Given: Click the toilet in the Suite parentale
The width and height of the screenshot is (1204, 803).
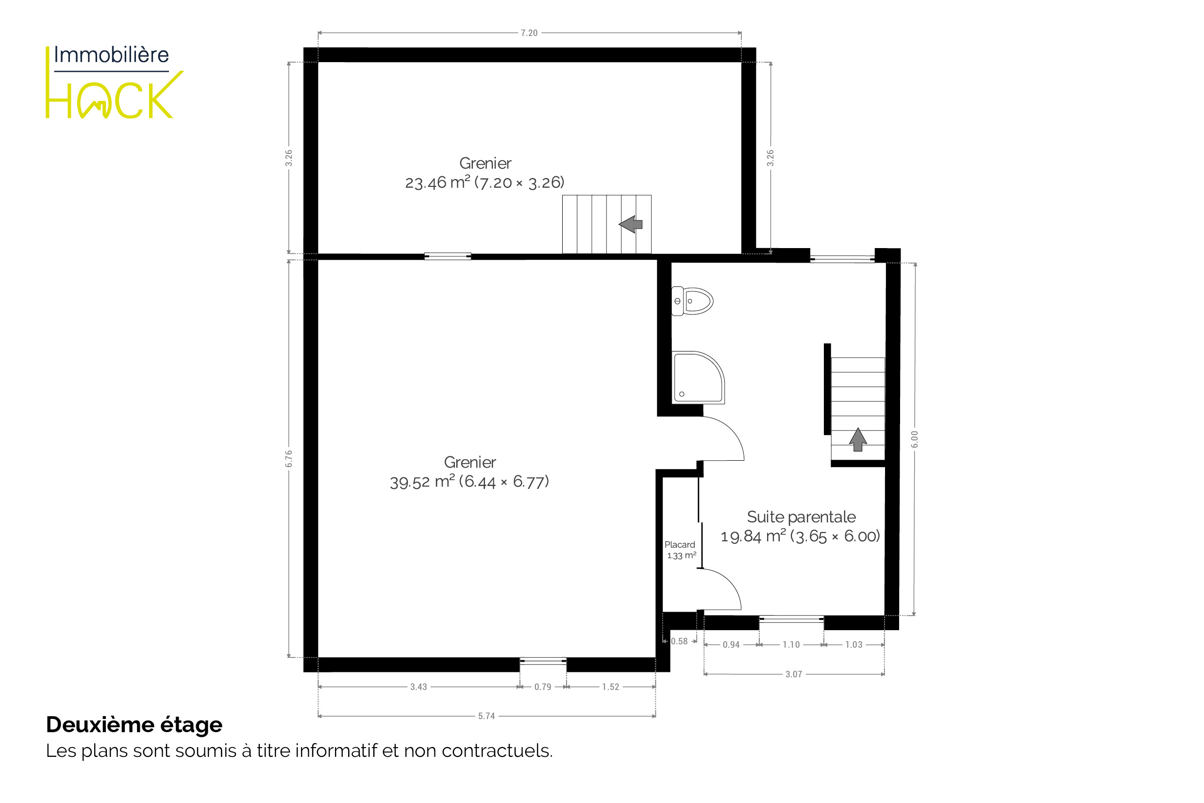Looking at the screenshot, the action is tap(692, 301).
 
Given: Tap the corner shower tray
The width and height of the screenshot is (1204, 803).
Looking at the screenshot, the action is tap(698, 377).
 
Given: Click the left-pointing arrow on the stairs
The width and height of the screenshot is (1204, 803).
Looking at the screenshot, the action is tap(631, 224).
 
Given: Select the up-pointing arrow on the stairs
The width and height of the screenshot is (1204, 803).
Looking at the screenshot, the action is tap(858, 439).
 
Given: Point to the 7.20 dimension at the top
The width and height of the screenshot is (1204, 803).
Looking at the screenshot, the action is tap(529, 33).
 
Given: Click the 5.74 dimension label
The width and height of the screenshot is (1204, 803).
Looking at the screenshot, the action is tap(486, 716).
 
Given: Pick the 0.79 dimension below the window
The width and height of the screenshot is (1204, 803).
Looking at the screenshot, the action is tap(543, 687).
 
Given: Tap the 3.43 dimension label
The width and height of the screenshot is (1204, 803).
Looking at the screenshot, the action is tap(418, 687).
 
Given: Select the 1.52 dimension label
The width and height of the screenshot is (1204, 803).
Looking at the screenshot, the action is tap(610, 687).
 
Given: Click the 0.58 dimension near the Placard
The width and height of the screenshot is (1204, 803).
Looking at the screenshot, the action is tap(679, 641).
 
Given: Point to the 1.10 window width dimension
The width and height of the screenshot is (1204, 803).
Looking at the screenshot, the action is tap(791, 645).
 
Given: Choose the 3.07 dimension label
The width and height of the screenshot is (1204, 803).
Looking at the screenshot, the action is tap(794, 674).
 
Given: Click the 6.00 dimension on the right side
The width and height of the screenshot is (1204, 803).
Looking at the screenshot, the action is tap(915, 439).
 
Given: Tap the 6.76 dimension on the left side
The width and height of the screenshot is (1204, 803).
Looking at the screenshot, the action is tap(289, 458).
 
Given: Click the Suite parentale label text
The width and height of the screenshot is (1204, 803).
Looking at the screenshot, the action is tap(802, 517).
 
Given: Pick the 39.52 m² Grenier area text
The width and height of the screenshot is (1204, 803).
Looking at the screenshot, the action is tap(469, 482).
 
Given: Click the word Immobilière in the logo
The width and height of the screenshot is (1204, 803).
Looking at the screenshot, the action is tap(111, 55).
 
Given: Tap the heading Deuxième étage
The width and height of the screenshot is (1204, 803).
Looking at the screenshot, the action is tap(134, 725).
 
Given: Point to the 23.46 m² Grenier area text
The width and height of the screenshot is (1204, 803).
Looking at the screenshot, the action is tap(485, 183).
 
